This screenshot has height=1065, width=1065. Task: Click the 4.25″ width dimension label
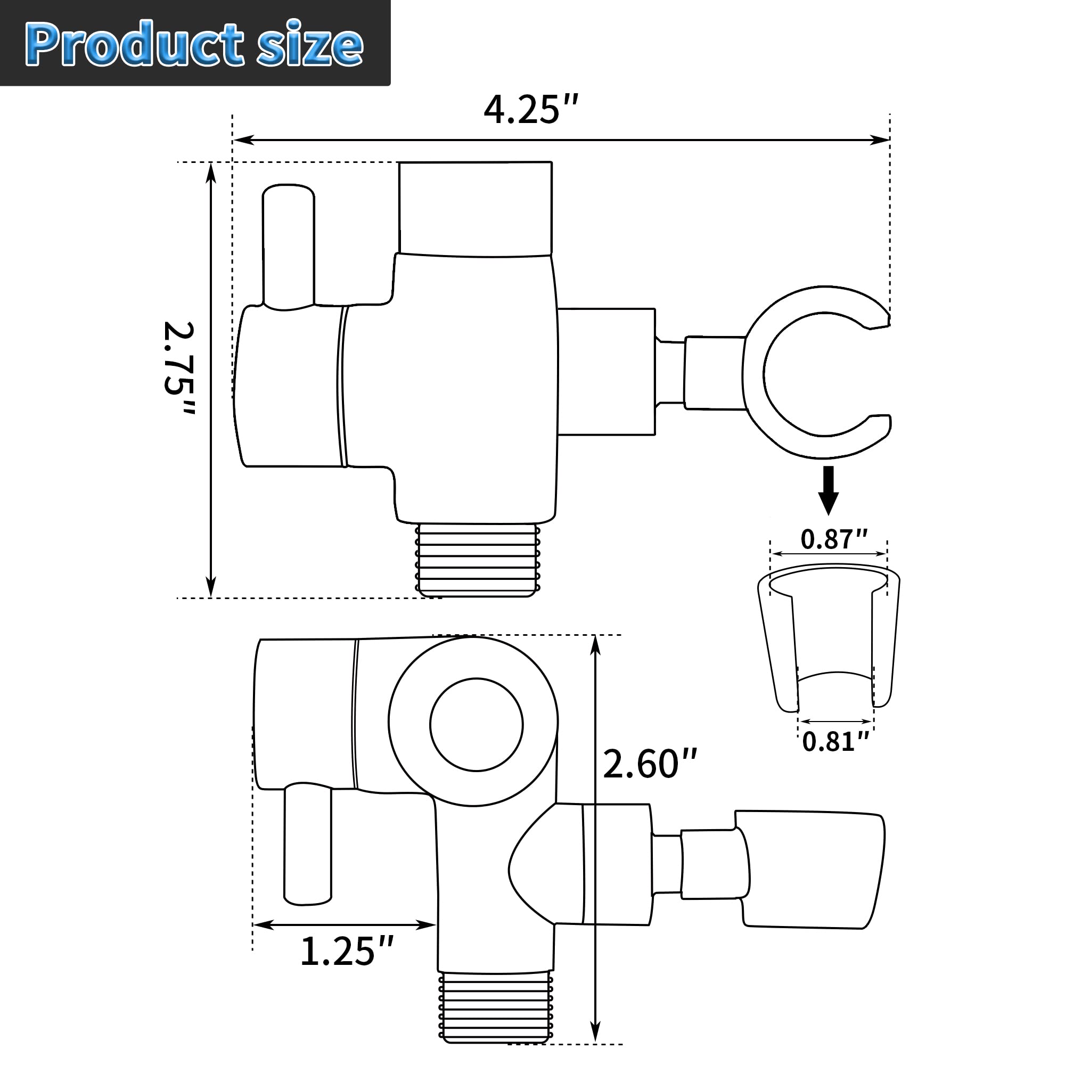(x=531, y=110)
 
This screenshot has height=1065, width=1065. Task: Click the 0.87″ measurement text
(x=834, y=539)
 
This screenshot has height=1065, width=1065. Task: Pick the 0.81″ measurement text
(x=835, y=741)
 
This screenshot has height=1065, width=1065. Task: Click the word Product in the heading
(x=135, y=45)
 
